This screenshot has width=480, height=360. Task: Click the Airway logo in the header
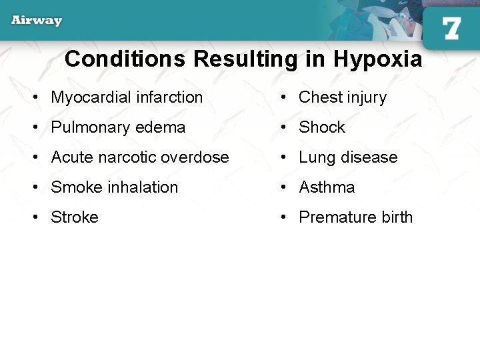tap(37, 20)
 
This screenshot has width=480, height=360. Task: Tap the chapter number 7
tap(451, 28)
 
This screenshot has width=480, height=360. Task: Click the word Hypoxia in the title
tap(377, 59)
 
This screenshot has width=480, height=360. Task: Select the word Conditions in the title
tap(125, 59)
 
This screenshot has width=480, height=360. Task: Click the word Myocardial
tap(91, 97)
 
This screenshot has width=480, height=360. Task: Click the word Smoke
tap(74, 187)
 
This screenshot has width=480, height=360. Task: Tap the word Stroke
tap(75, 217)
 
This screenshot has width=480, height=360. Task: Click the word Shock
tap(322, 127)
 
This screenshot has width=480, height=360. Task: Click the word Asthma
tap(327, 187)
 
